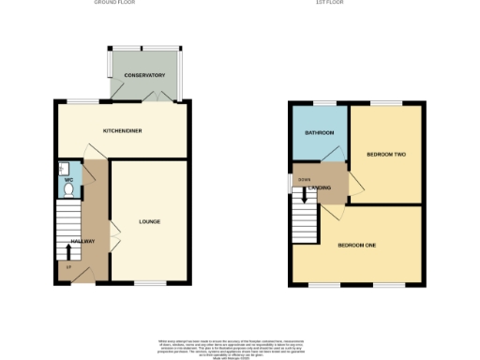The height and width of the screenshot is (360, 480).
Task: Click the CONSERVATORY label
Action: pyautogui.click(x=144, y=75)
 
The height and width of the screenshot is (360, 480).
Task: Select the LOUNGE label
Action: pyautogui.click(x=149, y=221)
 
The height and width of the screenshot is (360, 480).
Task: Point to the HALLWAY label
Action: pyautogui.click(x=82, y=242)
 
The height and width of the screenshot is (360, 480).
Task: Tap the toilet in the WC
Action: pyautogui.click(x=67, y=189)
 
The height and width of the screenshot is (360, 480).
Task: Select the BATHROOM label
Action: pyautogui.click(x=320, y=133)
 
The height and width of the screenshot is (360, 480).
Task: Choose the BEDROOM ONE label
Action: pyautogui.click(x=357, y=245)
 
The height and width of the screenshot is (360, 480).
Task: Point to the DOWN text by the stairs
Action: pyautogui.click(x=304, y=179)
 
